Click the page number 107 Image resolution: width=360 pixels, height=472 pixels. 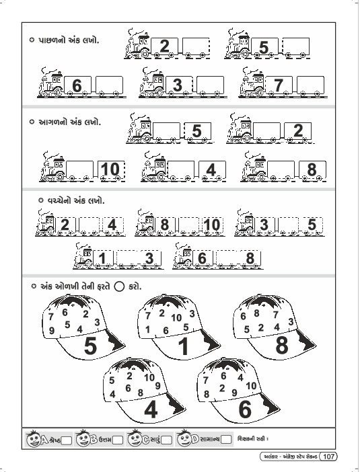pyautogui.click(x=328, y=457)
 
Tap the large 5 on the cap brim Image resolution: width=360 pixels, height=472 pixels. pyautogui.click(x=90, y=346)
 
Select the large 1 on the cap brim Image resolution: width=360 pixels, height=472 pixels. pyautogui.click(x=184, y=346)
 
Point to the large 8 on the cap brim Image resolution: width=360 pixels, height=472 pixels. pyautogui.click(x=282, y=346)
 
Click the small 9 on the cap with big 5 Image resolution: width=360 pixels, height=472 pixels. pyautogui.click(x=52, y=331)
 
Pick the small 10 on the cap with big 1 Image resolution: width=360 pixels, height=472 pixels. pyautogui.click(x=176, y=317)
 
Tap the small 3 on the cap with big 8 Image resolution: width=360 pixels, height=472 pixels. pyautogui.click(x=291, y=322)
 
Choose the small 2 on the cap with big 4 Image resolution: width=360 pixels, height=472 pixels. pyautogui.click(x=130, y=376)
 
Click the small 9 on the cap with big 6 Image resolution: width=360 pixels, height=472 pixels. pyautogui.click(x=234, y=393)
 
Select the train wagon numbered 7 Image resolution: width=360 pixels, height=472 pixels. pyautogui.click(x=279, y=85)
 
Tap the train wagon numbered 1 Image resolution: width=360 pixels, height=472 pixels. pyautogui.click(x=103, y=259)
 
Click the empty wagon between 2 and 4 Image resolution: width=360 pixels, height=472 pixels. pyautogui.click(x=89, y=225)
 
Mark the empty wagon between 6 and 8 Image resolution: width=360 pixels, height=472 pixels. pyautogui.click(x=226, y=259)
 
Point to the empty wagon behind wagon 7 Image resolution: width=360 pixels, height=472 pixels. pyautogui.click(x=311, y=85)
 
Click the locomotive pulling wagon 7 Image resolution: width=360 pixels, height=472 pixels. pyautogui.click(x=253, y=83)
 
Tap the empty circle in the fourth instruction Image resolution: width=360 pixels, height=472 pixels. pyautogui.click(x=119, y=286)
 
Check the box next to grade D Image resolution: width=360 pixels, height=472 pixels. pyautogui.click(x=227, y=440)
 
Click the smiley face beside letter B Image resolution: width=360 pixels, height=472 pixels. pyautogui.click(x=83, y=439)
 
